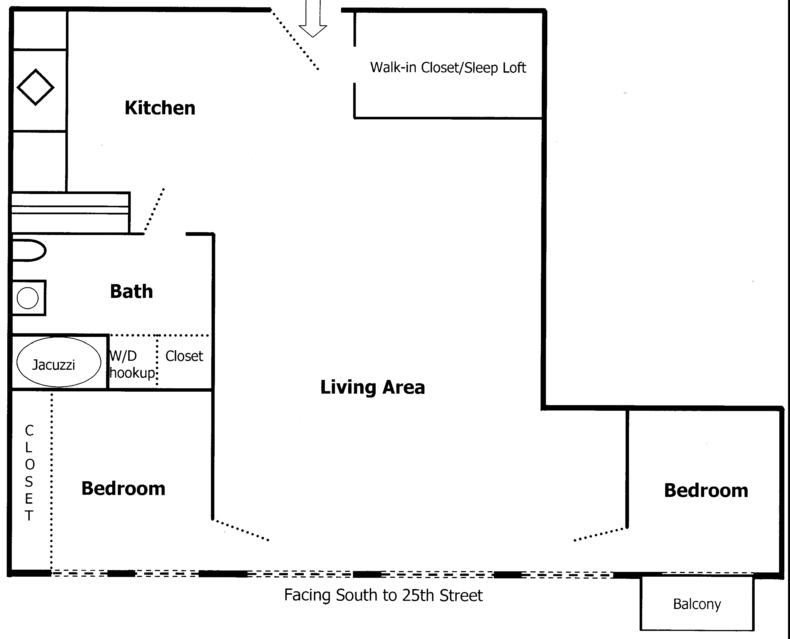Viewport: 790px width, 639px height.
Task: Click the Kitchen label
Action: (x=160, y=108)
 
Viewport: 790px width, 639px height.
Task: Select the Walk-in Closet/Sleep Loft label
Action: (x=448, y=68)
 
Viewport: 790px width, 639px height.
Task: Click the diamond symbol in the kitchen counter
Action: (x=35, y=87)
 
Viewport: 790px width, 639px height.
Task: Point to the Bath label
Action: (x=131, y=291)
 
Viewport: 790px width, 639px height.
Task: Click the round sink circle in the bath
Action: (x=27, y=298)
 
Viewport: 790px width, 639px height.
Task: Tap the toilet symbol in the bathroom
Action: (x=29, y=251)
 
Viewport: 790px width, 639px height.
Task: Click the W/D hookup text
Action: (x=132, y=364)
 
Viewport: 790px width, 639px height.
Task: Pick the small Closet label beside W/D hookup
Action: (x=184, y=356)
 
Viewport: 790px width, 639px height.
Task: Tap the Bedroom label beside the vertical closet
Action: (x=123, y=489)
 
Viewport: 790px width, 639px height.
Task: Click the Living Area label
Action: (x=373, y=387)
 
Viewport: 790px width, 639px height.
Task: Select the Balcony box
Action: (x=697, y=604)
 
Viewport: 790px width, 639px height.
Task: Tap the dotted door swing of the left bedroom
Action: (x=241, y=530)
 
